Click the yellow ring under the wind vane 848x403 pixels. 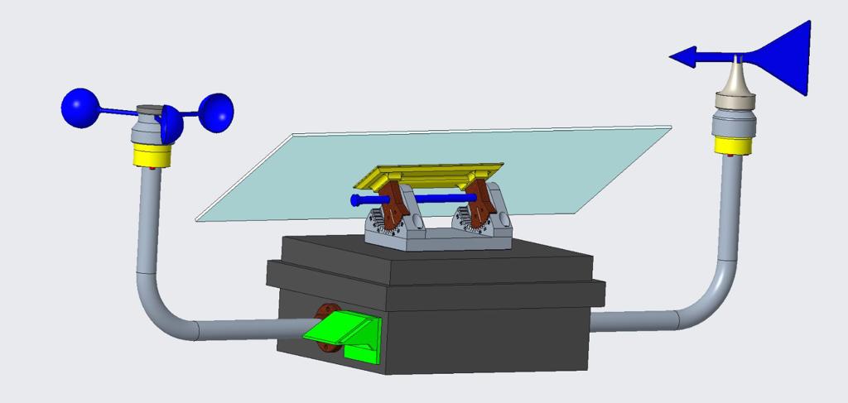(734, 146)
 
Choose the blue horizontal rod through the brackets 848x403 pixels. (439, 198)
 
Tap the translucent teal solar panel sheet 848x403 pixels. (273, 178)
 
